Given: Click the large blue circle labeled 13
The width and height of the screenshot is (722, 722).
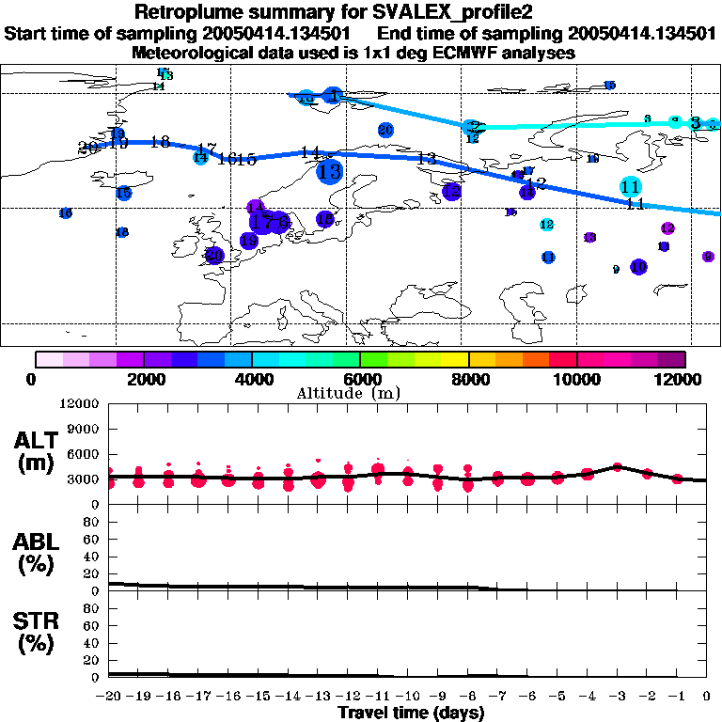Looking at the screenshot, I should click(x=329, y=172).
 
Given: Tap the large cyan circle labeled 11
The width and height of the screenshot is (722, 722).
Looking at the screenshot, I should click(x=631, y=186).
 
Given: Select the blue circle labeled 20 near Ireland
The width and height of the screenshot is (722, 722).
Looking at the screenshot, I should click(x=214, y=255).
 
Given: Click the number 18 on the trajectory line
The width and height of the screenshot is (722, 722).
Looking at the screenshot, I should click(x=160, y=142).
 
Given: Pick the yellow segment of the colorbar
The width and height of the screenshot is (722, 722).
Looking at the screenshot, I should click(x=455, y=359).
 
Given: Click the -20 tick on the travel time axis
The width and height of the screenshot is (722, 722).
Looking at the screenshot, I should click(x=109, y=697).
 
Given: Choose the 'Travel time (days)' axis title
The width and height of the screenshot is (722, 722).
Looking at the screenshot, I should click(x=411, y=713).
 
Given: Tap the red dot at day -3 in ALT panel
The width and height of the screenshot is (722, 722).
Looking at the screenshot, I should click(x=617, y=465).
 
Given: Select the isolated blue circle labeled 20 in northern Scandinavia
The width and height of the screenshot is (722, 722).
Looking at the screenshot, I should click(x=385, y=130).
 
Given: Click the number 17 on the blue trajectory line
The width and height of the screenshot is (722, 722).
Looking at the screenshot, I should click(x=207, y=149).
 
